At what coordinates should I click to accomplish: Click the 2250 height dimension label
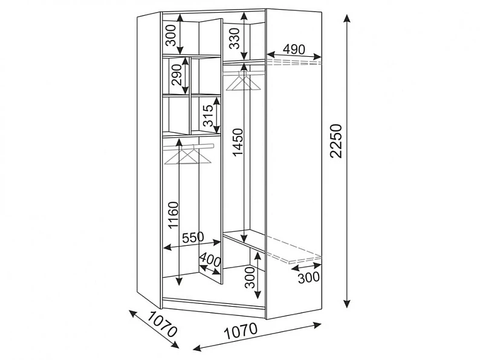coord(336,141)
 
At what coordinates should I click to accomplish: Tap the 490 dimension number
coord(294,50)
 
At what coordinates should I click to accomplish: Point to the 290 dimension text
coord(177,75)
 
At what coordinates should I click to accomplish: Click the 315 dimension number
coord(208,115)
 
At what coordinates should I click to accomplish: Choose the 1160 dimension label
coord(173,214)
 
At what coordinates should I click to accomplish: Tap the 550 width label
coord(193,237)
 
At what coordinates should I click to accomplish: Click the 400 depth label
coord(210,260)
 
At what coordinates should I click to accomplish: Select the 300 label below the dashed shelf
coord(308,278)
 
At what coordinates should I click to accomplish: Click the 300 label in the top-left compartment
coord(171,35)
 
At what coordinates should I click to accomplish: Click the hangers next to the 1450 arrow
coord(244,81)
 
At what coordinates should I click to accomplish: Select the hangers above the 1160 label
coord(188,155)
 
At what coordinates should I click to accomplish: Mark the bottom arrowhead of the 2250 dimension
coord(347,303)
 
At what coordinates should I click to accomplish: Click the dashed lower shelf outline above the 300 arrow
coord(294,249)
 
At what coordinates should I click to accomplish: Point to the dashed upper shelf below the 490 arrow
coord(294,63)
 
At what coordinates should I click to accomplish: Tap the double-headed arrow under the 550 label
coord(192,245)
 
